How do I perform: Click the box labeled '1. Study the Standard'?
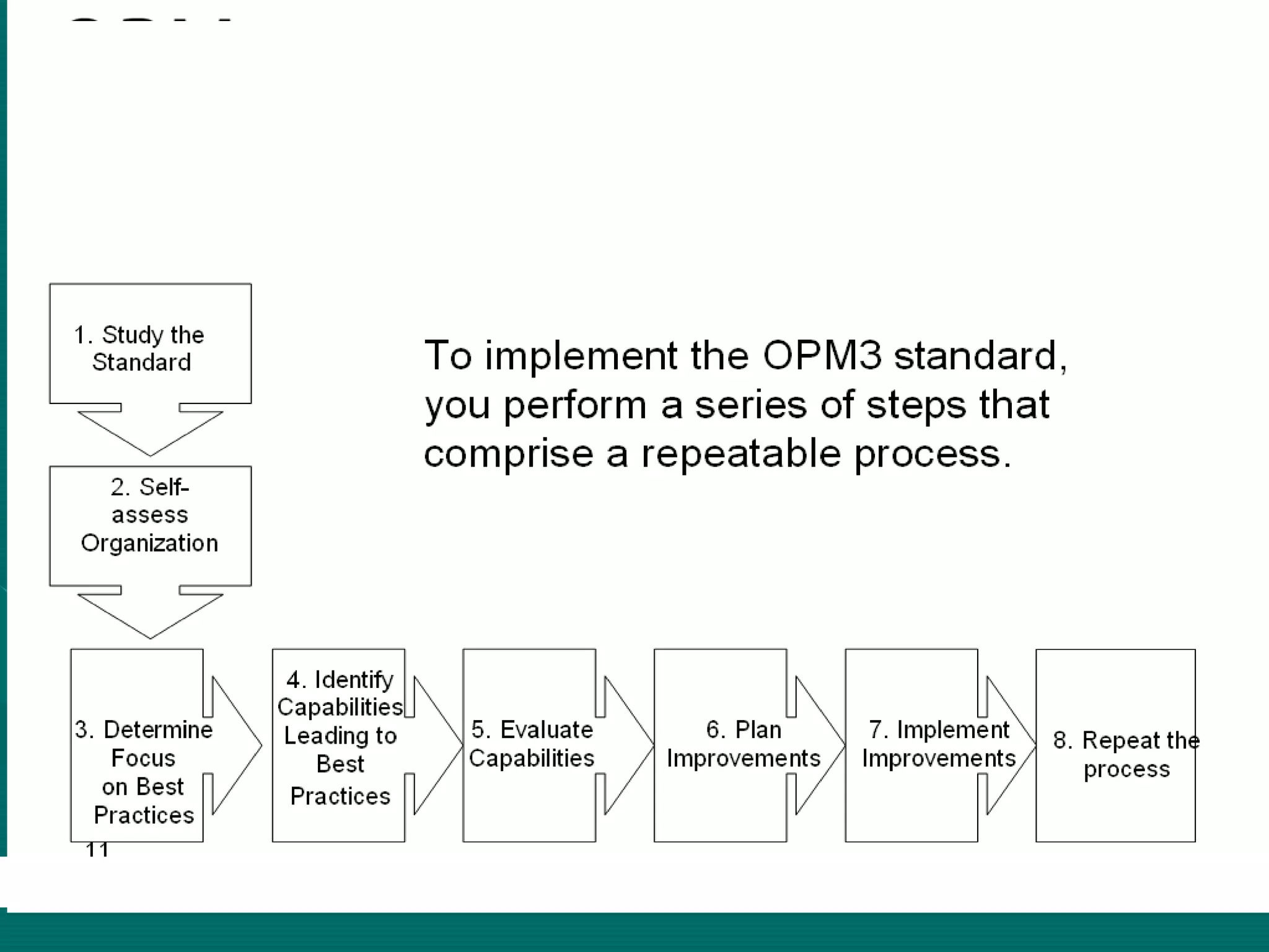pyautogui.click(x=151, y=344)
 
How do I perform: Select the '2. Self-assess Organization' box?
pyautogui.click(x=151, y=526)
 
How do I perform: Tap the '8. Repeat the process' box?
pyautogui.click(x=1115, y=745)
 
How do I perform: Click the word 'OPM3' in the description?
pyautogui.click(x=822, y=356)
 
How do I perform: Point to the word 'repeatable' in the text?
pyautogui.click(x=741, y=454)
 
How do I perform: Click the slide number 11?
pyautogui.click(x=97, y=849)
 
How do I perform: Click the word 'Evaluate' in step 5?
pyautogui.click(x=546, y=730)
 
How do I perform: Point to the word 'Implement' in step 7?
pyautogui.click(x=953, y=730)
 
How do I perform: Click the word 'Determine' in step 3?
pyautogui.click(x=158, y=730)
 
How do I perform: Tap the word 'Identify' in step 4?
pyautogui.click(x=354, y=680)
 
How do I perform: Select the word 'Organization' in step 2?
pyautogui.click(x=149, y=543)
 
